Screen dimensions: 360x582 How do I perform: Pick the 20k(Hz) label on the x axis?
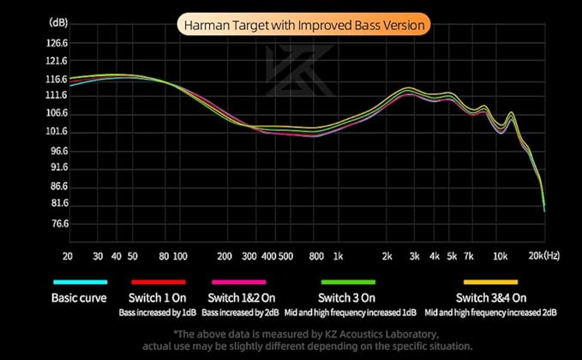click(x=543, y=256)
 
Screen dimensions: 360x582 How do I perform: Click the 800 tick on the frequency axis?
click(x=315, y=256)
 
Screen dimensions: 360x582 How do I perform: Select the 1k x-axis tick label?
click(x=338, y=256)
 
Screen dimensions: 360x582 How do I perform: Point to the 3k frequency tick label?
click(x=413, y=256)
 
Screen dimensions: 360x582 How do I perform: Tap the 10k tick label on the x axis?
click(x=500, y=256)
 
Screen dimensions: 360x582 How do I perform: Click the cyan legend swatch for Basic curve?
click(x=79, y=282)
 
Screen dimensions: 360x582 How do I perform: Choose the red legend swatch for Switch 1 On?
click(x=158, y=282)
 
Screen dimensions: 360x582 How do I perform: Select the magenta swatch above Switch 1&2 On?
click(x=238, y=282)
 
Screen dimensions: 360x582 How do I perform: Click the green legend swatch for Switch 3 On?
click(x=347, y=282)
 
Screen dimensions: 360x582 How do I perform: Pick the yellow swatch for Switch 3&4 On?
click(x=490, y=282)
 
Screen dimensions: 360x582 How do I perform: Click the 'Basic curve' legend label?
click(x=79, y=298)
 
